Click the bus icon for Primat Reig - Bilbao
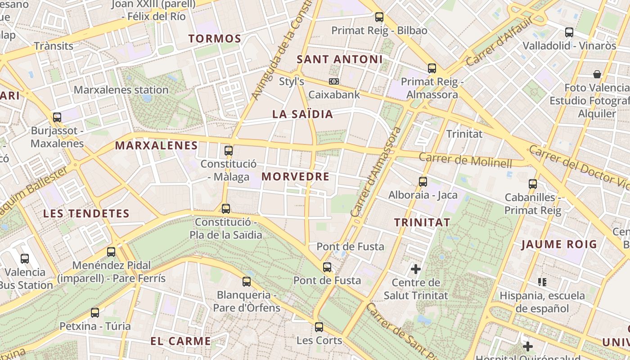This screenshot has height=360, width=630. [379, 17]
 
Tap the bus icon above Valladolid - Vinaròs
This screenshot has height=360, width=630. [569, 32]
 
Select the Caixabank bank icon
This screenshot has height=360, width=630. [334, 81]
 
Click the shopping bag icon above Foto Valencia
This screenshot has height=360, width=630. [597, 74]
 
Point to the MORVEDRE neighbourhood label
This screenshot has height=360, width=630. [296, 176]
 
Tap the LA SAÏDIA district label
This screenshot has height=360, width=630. [302, 114]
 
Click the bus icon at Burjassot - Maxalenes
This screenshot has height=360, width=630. [57, 117]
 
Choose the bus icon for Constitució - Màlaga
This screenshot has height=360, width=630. [229, 150]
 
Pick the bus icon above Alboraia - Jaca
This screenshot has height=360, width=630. [423, 181]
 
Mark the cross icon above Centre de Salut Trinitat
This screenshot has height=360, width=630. [416, 269]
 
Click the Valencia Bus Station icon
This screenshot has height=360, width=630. [25, 258]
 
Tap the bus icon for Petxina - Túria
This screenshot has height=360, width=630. [95, 312]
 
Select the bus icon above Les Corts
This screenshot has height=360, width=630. [319, 327]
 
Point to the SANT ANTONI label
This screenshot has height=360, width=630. [340, 59]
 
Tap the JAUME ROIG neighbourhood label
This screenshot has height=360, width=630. [559, 245]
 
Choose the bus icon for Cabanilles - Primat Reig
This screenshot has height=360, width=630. [533, 184]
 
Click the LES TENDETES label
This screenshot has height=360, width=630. [86, 214]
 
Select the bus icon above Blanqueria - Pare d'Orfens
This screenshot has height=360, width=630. [247, 282]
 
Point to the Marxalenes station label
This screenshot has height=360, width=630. [121, 90]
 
